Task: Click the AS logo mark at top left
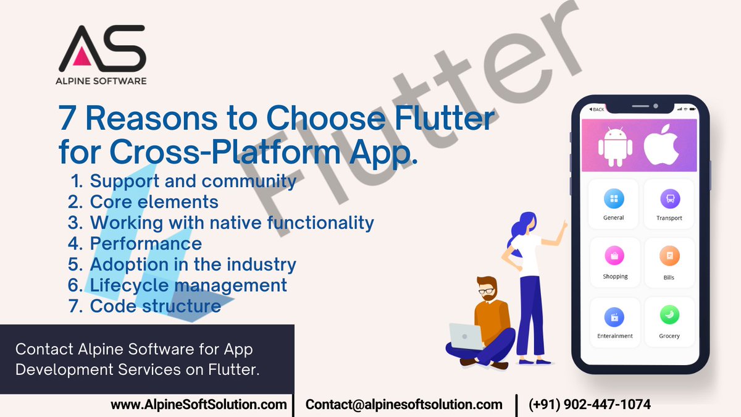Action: [x=103, y=48]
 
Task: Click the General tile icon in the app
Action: [x=613, y=199]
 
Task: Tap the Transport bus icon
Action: [x=669, y=200]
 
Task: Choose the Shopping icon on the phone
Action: [x=614, y=256]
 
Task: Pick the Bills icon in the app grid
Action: [x=669, y=256]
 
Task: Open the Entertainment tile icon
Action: [x=614, y=317]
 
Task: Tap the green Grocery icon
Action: [x=669, y=316]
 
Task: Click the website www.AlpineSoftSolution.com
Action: [x=199, y=405]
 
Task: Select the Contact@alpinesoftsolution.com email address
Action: [x=404, y=405]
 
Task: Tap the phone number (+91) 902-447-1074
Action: [x=589, y=405]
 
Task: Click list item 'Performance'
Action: [x=146, y=243]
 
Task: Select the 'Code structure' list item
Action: [x=155, y=306]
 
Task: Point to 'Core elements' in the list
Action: [x=154, y=201]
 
